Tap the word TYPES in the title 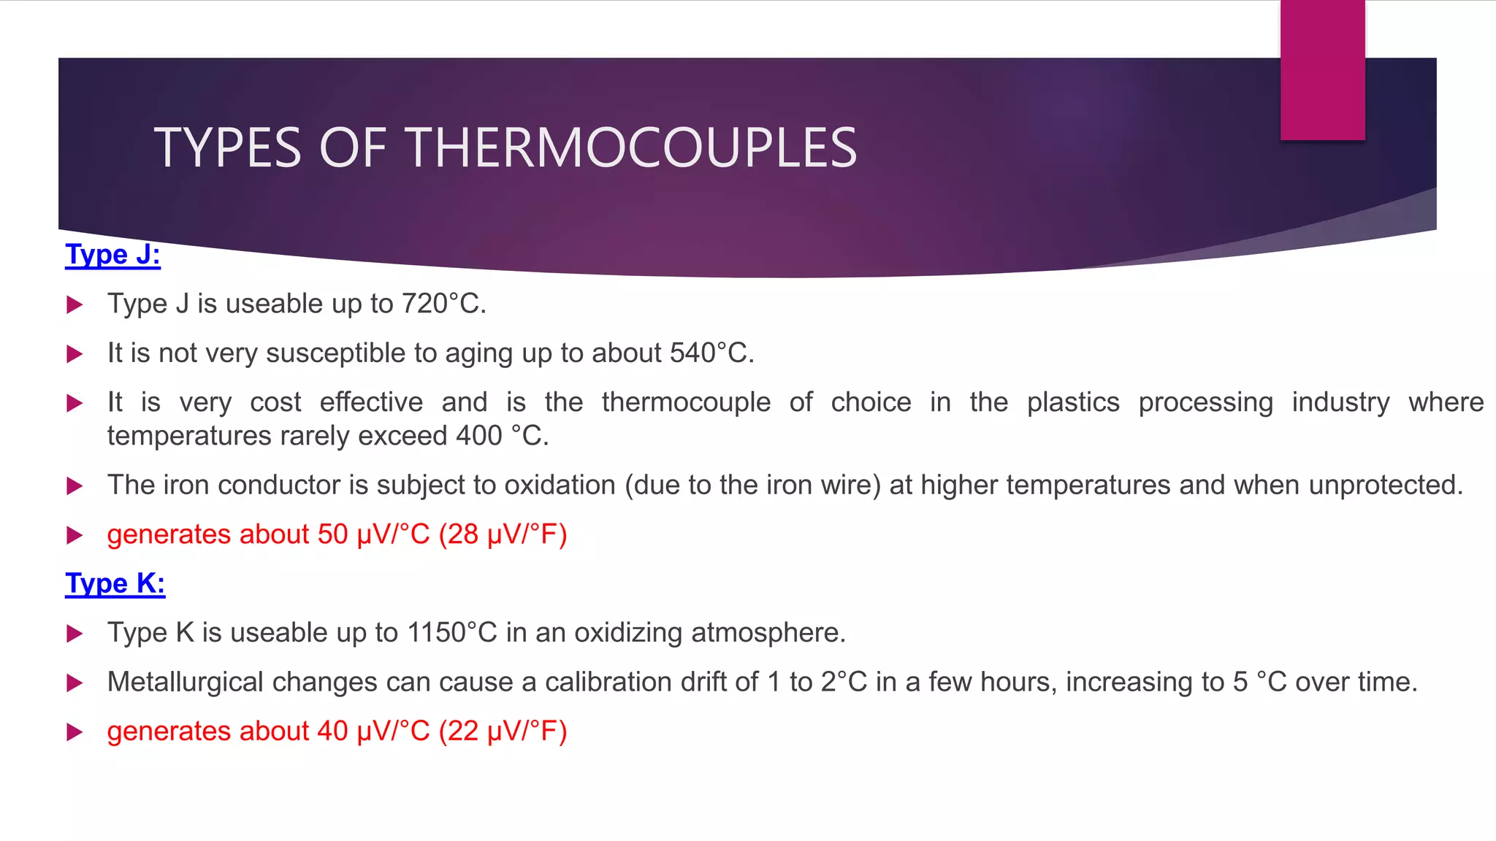[227, 148]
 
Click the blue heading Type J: [112, 255]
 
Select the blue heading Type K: [115, 584]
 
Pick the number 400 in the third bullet [479, 436]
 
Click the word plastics [1072, 402]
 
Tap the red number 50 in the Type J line [332, 534]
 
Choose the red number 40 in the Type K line [332, 731]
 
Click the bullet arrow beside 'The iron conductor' [75, 486]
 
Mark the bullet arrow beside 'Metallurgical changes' [75, 683]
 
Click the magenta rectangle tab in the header [1322, 69]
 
